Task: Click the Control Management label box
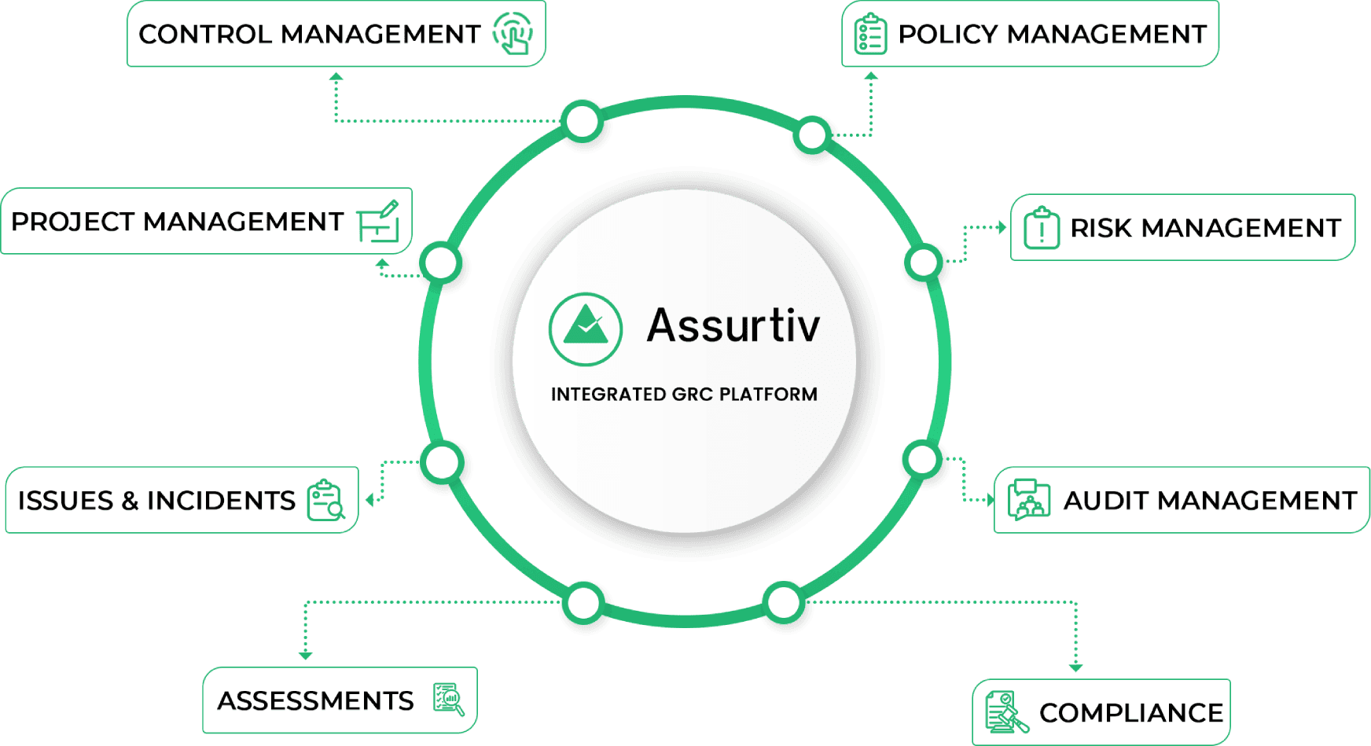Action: point(336,34)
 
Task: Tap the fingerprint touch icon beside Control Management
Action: point(513,33)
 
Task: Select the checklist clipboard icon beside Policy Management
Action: point(870,35)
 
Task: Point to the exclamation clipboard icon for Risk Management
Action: point(1042,228)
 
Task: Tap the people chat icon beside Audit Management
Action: point(1028,500)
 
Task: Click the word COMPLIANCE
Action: point(1130,713)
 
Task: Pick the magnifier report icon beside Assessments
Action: point(449,699)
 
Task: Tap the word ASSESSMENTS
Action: point(315,700)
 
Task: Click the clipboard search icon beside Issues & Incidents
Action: point(325,500)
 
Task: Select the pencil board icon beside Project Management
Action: point(378,222)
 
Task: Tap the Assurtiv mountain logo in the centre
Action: point(586,329)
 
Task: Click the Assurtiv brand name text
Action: point(733,325)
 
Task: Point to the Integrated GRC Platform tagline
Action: point(684,395)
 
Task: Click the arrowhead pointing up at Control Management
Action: point(336,77)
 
